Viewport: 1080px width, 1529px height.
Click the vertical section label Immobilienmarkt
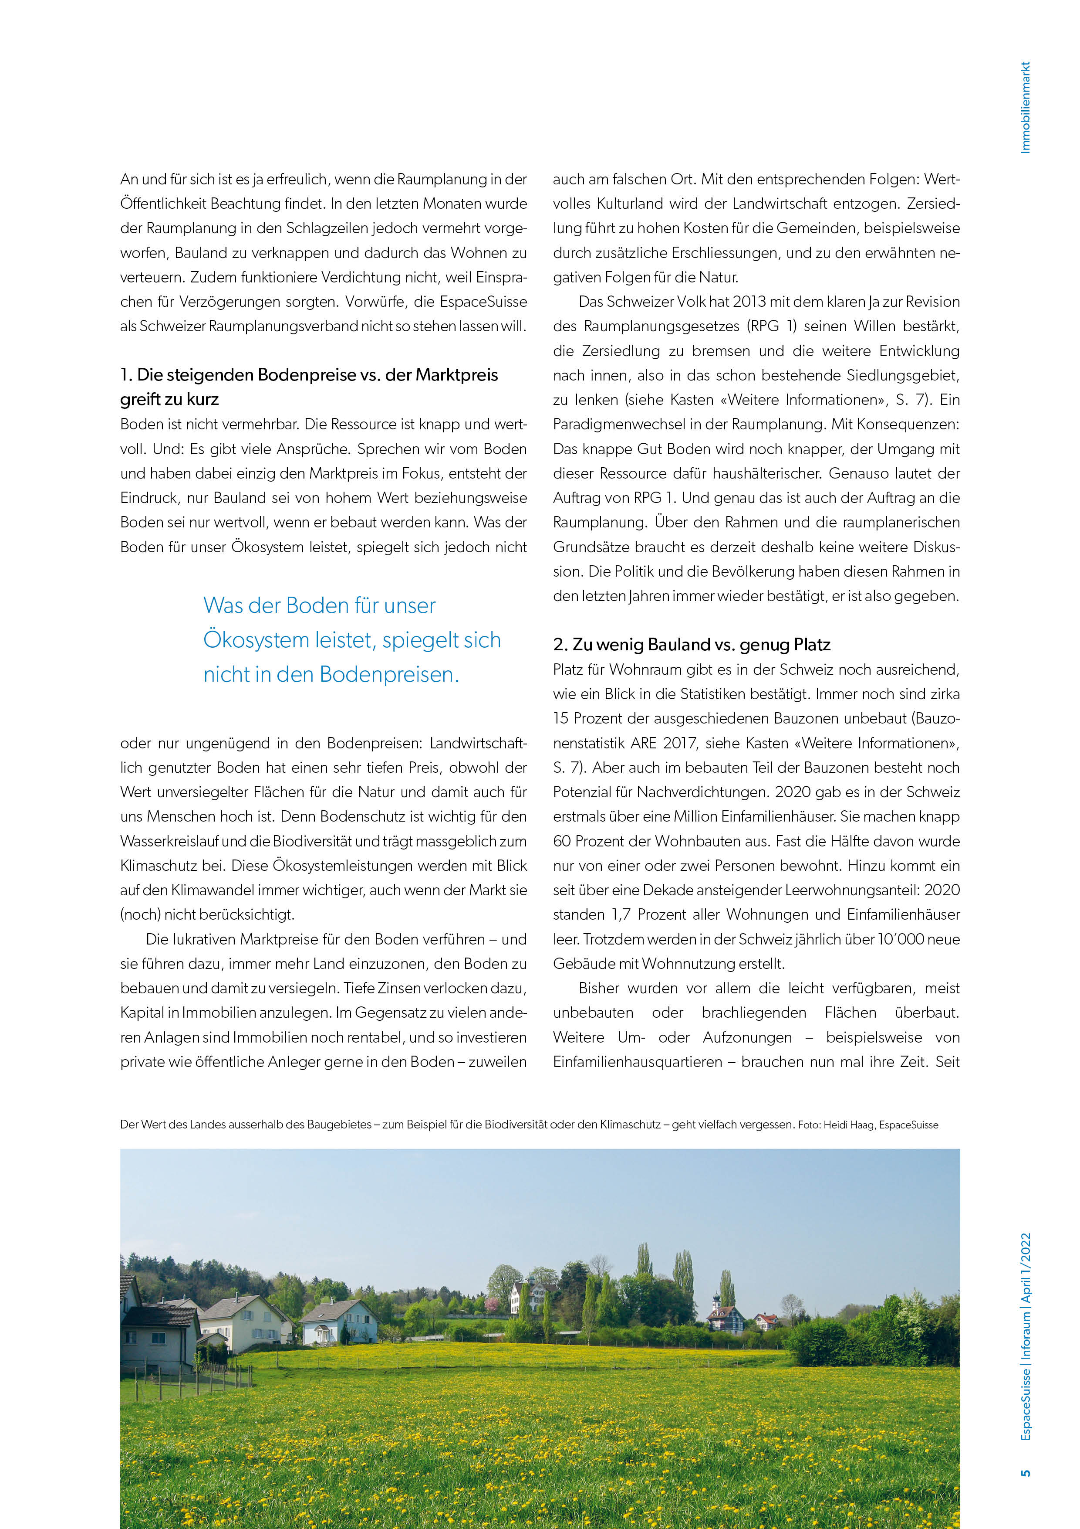(1026, 108)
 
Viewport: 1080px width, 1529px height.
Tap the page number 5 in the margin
(1026, 1472)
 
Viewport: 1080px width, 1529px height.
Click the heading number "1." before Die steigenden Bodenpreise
(126, 375)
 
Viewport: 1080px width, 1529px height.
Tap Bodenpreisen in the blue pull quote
(389, 675)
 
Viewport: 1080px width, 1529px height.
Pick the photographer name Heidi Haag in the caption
(848, 1125)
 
